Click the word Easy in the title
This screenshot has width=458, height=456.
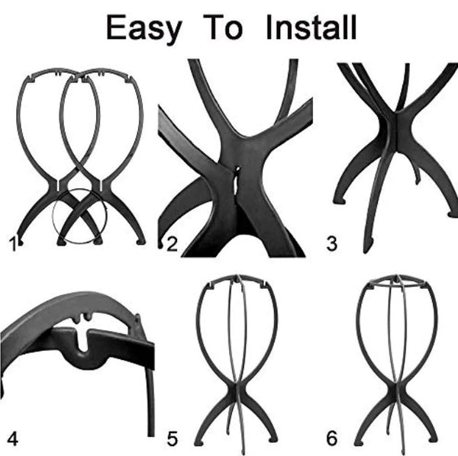tap(144, 28)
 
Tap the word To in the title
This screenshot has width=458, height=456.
tap(225, 28)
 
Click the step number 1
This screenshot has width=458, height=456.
tap(12, 244)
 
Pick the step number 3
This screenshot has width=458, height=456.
tap(331, 244)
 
